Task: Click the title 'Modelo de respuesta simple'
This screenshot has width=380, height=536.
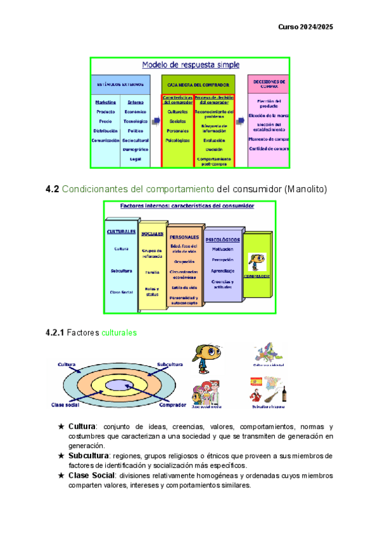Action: pyautogui.click(x=189, y=64)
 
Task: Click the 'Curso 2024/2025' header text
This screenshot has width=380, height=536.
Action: pyautogui.click(x=305, y=27)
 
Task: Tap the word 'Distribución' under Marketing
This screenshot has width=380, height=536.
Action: pyautogui.click(x=105, y=131)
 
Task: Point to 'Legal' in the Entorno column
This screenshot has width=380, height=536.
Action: pyautogui.click(x=135, y=159)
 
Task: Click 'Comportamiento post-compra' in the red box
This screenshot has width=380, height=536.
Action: pyautogui.click(x=214, y=161)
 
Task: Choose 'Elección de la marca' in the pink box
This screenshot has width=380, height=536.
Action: pyautogui.click(x=269, y=115)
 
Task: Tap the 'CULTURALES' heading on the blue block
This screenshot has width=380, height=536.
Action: pyautogui.click(x=121, y=231)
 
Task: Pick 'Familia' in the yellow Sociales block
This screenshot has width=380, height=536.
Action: pyautogui.click(x=152, y=272)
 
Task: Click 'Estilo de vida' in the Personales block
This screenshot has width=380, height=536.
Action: pyautogui.click(x=184, y=287)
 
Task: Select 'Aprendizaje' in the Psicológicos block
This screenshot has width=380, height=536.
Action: pyautogui.click(x=223, y=271)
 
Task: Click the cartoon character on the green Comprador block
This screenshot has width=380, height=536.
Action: pyautogui.click(x=258, y=262)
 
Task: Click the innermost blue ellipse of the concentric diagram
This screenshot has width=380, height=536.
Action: pyautogui.click(x=118, y=384)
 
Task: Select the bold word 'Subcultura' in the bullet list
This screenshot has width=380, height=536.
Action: pyautogui.click(x=89, y=456)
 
